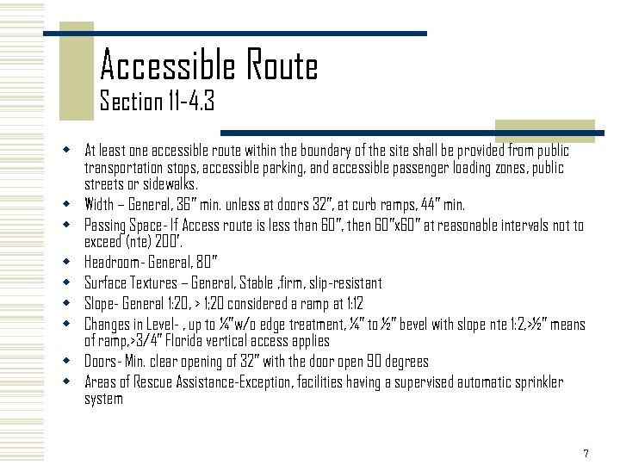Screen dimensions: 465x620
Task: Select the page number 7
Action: (x=586, y=453)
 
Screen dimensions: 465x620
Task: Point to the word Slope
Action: (x=101, y=303)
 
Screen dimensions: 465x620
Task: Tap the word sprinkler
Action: (x=534, y=381)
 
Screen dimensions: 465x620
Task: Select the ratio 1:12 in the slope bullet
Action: (x=347, y=303)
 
